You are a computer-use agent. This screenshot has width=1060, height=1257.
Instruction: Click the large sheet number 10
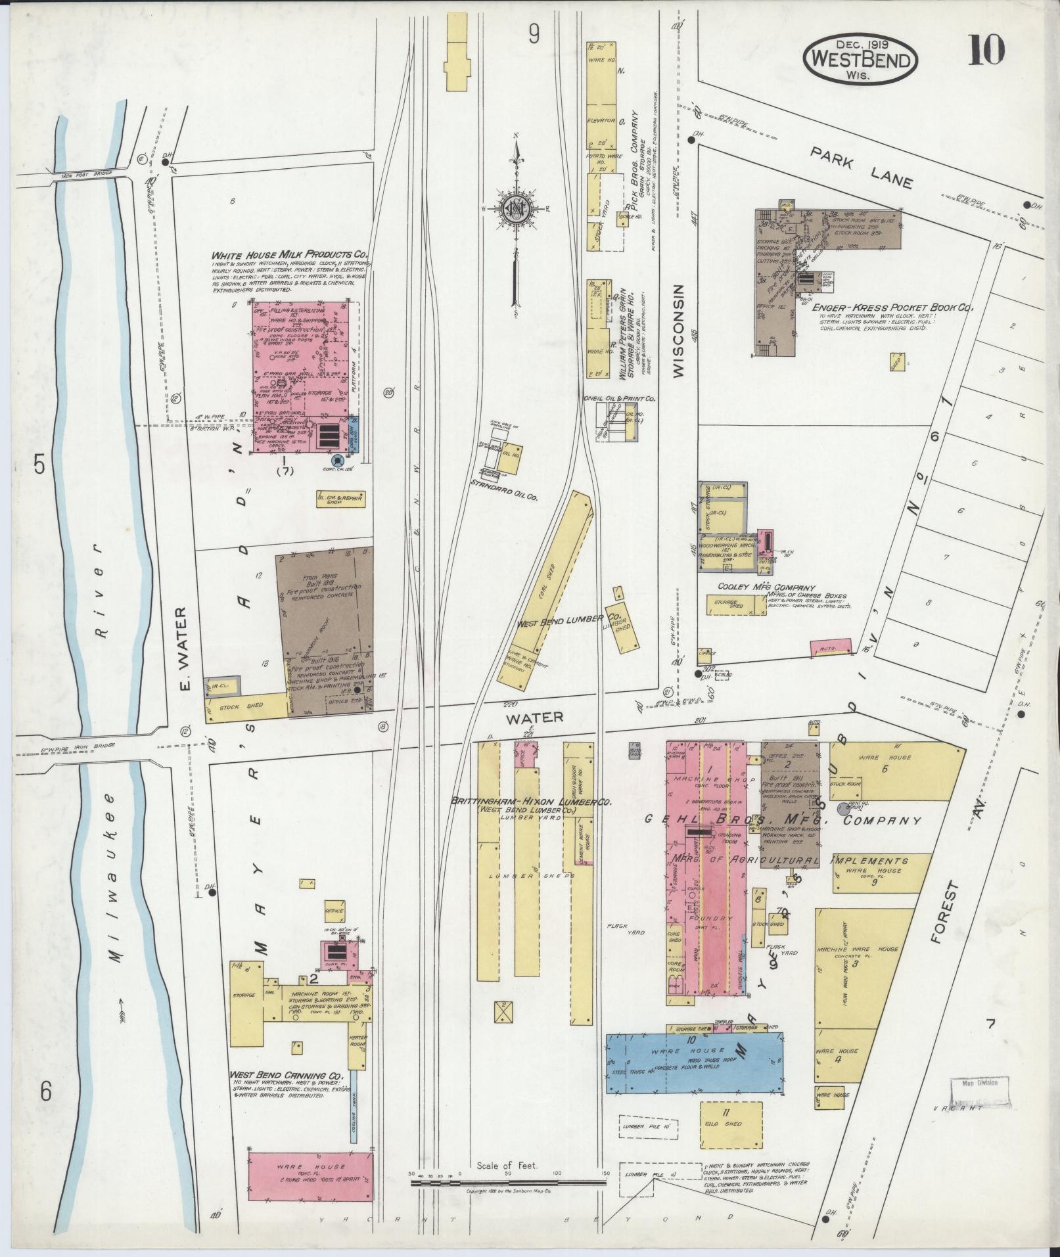pyautogui.click(x=985, y=51)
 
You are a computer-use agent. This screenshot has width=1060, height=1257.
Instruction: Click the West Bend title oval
pyautogui.click(x=860, y=61)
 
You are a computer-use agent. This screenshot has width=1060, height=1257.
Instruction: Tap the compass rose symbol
pyautogui.click(x=517, y=209)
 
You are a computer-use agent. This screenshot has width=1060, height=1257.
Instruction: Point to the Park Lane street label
pyautogui.click(x=861, y=168)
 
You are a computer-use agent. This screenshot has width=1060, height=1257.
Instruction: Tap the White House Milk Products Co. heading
pyautogui.click(x=289, y=255)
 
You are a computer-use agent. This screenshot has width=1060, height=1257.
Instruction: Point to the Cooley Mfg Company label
pyautogui.click(x=766, y=587)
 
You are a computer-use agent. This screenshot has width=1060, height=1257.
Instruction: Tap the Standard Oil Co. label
pyautogui.click(x=505, y=499)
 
